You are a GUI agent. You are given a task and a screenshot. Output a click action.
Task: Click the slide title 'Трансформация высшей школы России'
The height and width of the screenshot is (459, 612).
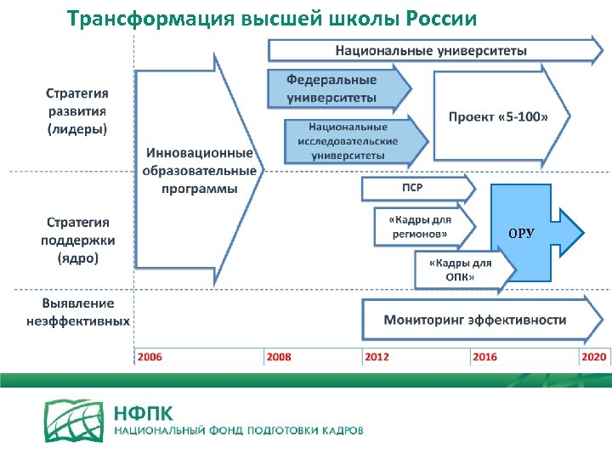click(272, 18)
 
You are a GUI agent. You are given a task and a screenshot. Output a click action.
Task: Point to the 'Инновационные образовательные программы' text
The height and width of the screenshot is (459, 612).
click(201, 171)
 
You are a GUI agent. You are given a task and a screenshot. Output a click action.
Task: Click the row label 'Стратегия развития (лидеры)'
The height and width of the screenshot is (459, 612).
click(77, 110)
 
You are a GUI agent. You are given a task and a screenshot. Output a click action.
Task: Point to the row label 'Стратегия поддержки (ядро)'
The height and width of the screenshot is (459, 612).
click(77, 240)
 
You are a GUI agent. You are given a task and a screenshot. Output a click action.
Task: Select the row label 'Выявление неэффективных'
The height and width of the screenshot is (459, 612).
click(77, 312)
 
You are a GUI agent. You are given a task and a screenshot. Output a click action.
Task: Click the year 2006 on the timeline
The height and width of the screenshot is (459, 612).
click(150, 357)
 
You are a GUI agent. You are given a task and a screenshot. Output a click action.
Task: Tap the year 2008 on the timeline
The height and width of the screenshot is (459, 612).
click(279, 357)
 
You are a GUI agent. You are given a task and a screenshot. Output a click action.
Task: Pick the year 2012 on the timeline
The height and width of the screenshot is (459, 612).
click(377, 357)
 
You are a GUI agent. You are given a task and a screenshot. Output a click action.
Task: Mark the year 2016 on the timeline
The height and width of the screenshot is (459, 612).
click(484, 357)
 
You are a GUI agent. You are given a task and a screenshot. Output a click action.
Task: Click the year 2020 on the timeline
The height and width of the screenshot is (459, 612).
click(593, 357)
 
